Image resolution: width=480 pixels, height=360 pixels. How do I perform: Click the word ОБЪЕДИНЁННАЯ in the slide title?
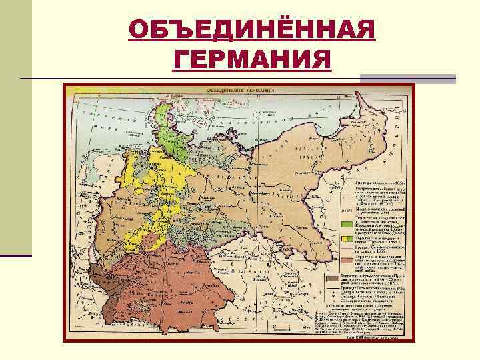click(251, 30)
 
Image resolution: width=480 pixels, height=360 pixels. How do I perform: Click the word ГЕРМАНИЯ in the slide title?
click(251, 61)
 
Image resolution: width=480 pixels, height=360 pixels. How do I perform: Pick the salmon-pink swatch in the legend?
click(347, 260)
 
